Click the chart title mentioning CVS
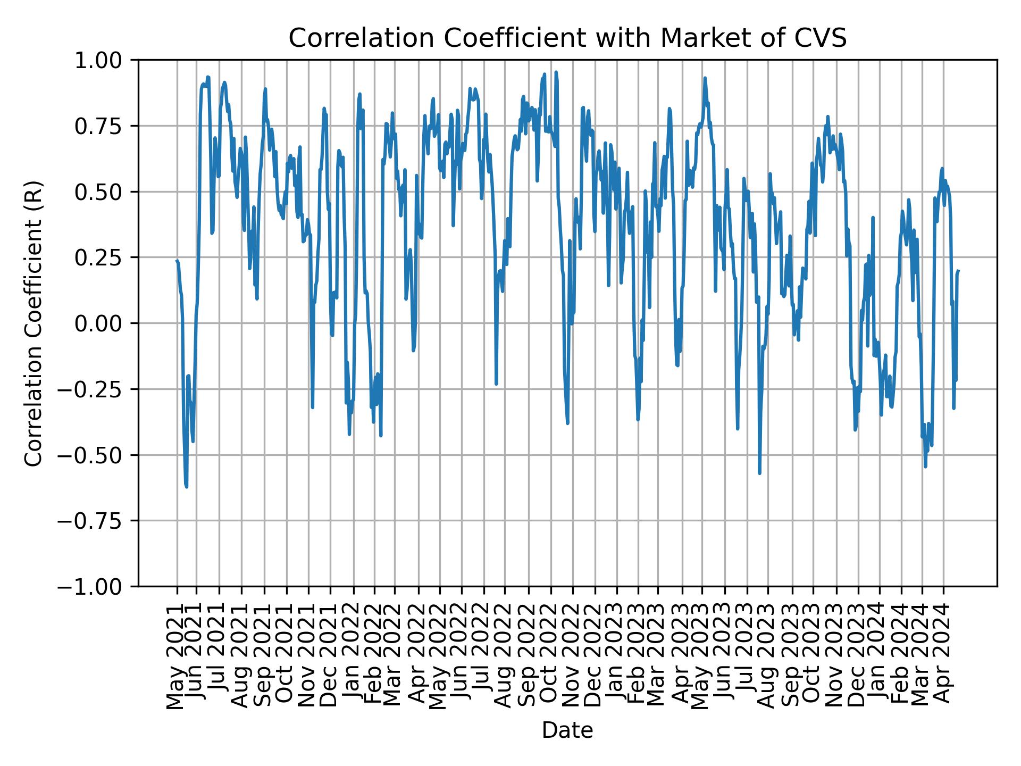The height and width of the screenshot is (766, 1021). click(567, 38)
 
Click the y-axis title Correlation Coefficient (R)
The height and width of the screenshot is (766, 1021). click(33, 323)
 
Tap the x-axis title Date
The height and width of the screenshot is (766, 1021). click(567, 731)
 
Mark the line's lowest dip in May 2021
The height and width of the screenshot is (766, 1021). click(186, 486)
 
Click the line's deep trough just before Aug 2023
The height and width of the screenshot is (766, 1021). click(759, 473)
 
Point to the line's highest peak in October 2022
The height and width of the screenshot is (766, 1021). click(556, 72)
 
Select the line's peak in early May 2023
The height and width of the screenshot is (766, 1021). click(705, 78)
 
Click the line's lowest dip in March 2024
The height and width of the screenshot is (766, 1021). click(925, 467)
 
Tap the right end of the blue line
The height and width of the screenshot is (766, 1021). click(958, 271)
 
